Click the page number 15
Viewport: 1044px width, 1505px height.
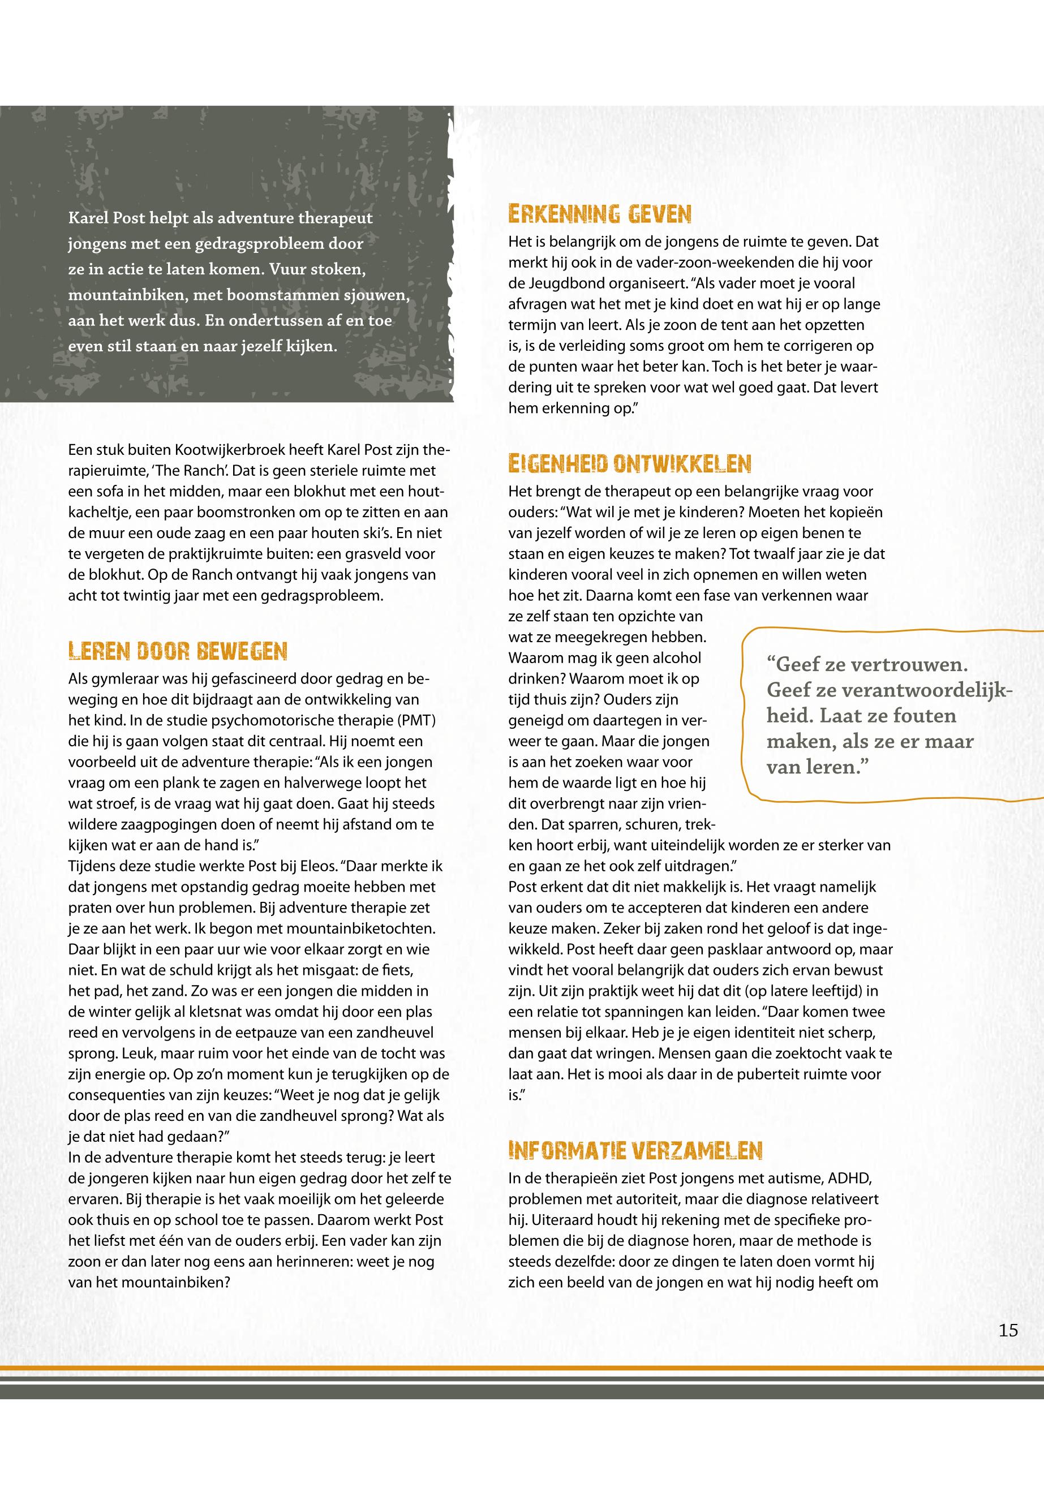point(1008,1330)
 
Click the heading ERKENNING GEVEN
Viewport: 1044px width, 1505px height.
point(600,214)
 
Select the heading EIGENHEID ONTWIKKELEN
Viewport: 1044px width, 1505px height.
point(629,464)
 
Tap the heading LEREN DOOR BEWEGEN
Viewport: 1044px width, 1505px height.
point(177,651)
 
